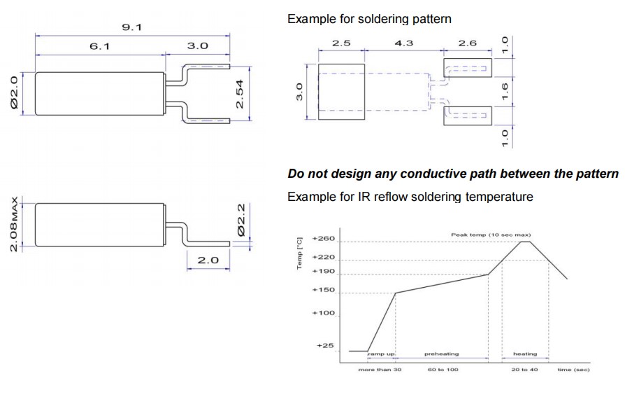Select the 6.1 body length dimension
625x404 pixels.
98,46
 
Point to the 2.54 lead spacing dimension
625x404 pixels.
240,92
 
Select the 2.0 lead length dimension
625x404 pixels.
208,260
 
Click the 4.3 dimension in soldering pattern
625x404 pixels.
404,43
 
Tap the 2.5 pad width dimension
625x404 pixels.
341,43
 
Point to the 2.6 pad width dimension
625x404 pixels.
467,43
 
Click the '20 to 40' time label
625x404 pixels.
524,369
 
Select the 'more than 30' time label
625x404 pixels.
380,369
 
